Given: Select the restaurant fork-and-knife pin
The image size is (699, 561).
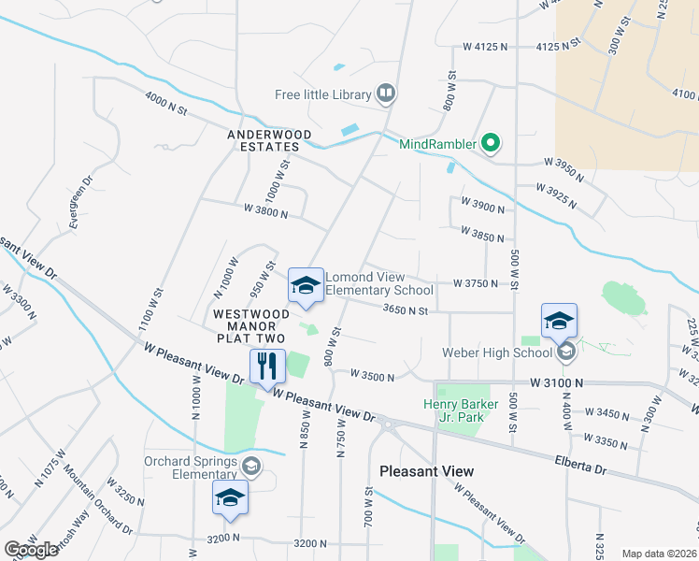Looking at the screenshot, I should pyautogui.click(x=267, y=367).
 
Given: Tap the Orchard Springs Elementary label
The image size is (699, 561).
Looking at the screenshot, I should pyautogui.click(x=192, y=467).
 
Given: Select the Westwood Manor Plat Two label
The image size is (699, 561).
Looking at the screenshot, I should pyautogui.click(x=250, y=325).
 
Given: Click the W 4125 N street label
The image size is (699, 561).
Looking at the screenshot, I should pyautogui.click(x=485, y=46).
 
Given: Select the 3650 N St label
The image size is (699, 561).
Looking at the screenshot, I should pyautogui.click(x=405, y=310).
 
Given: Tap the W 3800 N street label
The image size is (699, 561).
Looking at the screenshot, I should pyautogui.click(x=265, y=212).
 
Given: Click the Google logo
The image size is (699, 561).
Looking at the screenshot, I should pyautogui.click(x=31, y=550).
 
